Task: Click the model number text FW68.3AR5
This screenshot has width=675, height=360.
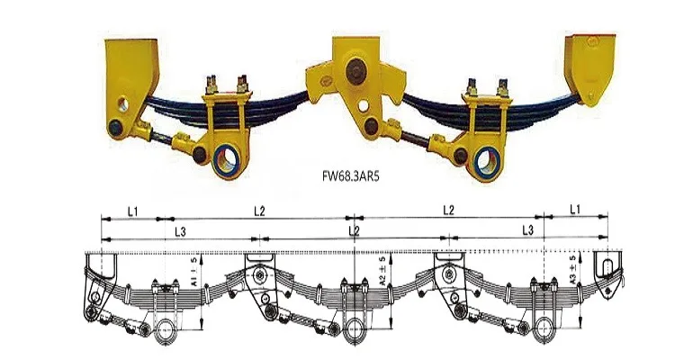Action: [351, 176]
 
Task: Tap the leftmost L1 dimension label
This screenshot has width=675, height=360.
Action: [132, 211]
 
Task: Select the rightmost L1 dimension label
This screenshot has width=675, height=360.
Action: [575, 210]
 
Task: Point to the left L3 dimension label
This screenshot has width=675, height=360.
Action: [180, 232]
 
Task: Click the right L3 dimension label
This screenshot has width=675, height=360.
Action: [527, 230]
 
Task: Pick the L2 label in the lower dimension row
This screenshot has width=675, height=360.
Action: [354, 231]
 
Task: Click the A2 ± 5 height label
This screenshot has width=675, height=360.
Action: [382, 270]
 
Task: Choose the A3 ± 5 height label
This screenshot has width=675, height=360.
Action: [572, 270]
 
